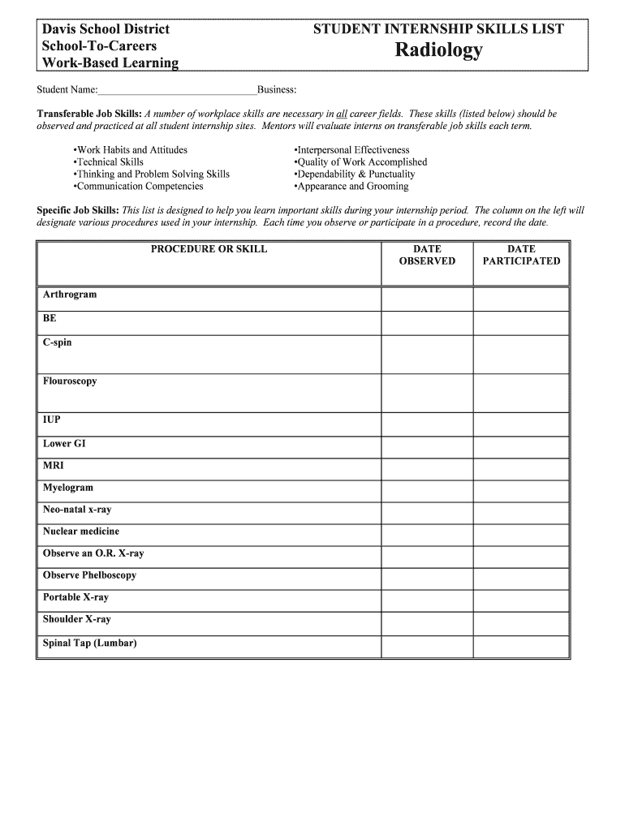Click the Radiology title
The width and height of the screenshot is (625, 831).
point(438,51)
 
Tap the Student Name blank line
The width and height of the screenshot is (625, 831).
point(177,89)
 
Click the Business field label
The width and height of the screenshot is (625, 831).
point(276,89)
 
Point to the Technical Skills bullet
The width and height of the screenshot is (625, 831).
point(108,162)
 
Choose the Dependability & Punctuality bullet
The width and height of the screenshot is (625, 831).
point(354,174)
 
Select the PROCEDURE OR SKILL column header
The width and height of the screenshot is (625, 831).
point(209,250)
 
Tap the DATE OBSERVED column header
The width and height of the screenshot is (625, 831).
point(427,256)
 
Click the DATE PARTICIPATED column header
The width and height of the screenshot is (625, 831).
point(521,256)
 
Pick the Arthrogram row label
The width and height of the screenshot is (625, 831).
point(70,295)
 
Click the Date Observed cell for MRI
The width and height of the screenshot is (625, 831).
point(427,467)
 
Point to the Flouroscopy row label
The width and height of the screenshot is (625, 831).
point(70,381)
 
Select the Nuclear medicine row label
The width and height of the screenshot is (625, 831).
point(81,532)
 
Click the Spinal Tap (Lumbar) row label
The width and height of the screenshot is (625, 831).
point(90,644)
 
